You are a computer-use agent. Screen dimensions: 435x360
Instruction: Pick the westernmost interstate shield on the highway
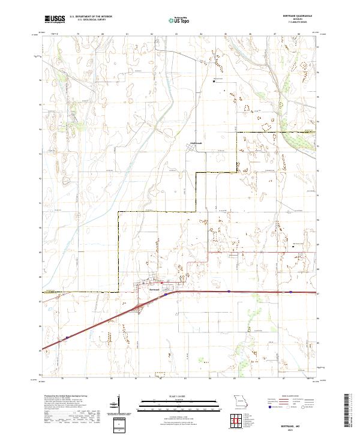(x=67, y=337)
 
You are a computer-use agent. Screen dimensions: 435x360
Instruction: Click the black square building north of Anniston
(x=215, y=82)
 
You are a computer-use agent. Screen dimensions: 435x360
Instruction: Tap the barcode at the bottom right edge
(x=347, y=414)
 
